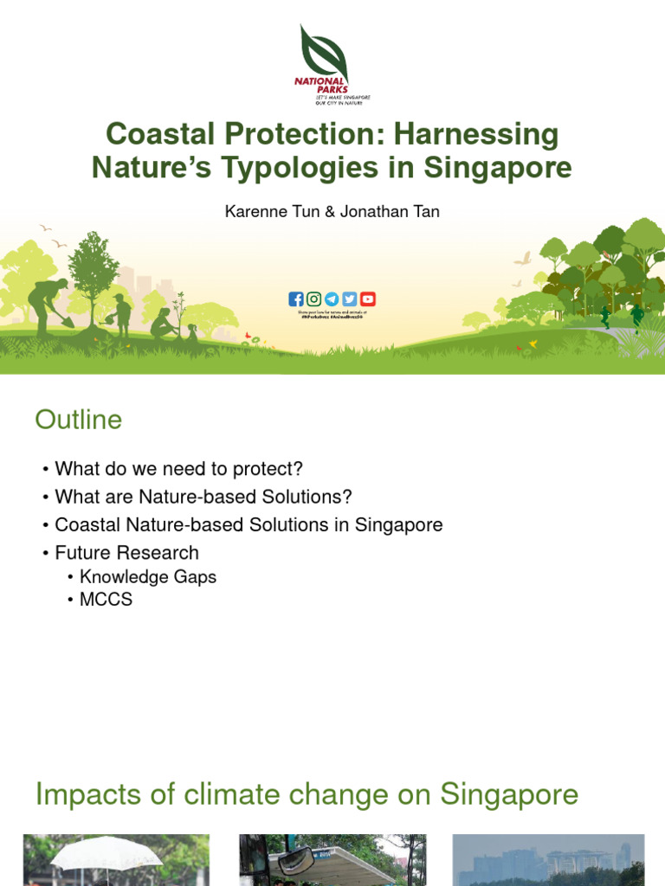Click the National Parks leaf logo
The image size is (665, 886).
(322, 52)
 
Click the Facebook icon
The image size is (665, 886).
(296, 299)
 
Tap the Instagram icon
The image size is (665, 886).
(313, 299)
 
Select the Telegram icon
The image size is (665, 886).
(332, 299)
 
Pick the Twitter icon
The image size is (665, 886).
(350, 299)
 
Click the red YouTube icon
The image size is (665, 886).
(368, 299)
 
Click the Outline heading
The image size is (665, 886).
(79, 421)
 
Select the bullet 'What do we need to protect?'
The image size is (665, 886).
(178, 469)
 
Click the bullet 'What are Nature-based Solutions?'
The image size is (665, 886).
(203, 497)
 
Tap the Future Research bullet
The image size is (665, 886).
(126, 552)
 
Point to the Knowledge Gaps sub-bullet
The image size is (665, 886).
(147, 576)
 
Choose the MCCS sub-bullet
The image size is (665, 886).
(106, 599)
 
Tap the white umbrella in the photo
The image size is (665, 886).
(107, 851)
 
